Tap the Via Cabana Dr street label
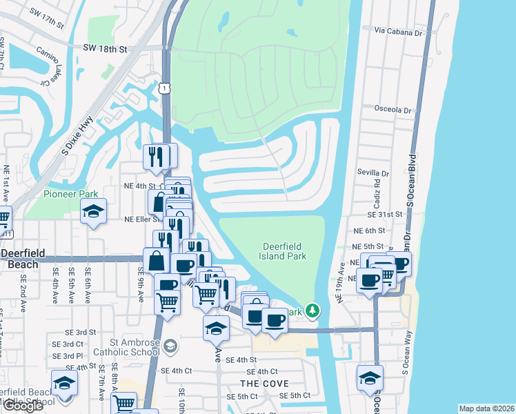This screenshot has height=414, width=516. click(397, 31)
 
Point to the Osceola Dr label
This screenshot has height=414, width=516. click(393, 110)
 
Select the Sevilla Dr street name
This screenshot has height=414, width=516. click(374, 175)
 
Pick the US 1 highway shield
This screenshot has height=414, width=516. click(163, 88)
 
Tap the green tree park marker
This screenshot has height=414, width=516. click(312, 312)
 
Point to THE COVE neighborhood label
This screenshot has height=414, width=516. click(264, 384)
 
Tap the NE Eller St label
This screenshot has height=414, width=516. click(143, 219)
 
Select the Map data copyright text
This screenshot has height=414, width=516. click(486, 408)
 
